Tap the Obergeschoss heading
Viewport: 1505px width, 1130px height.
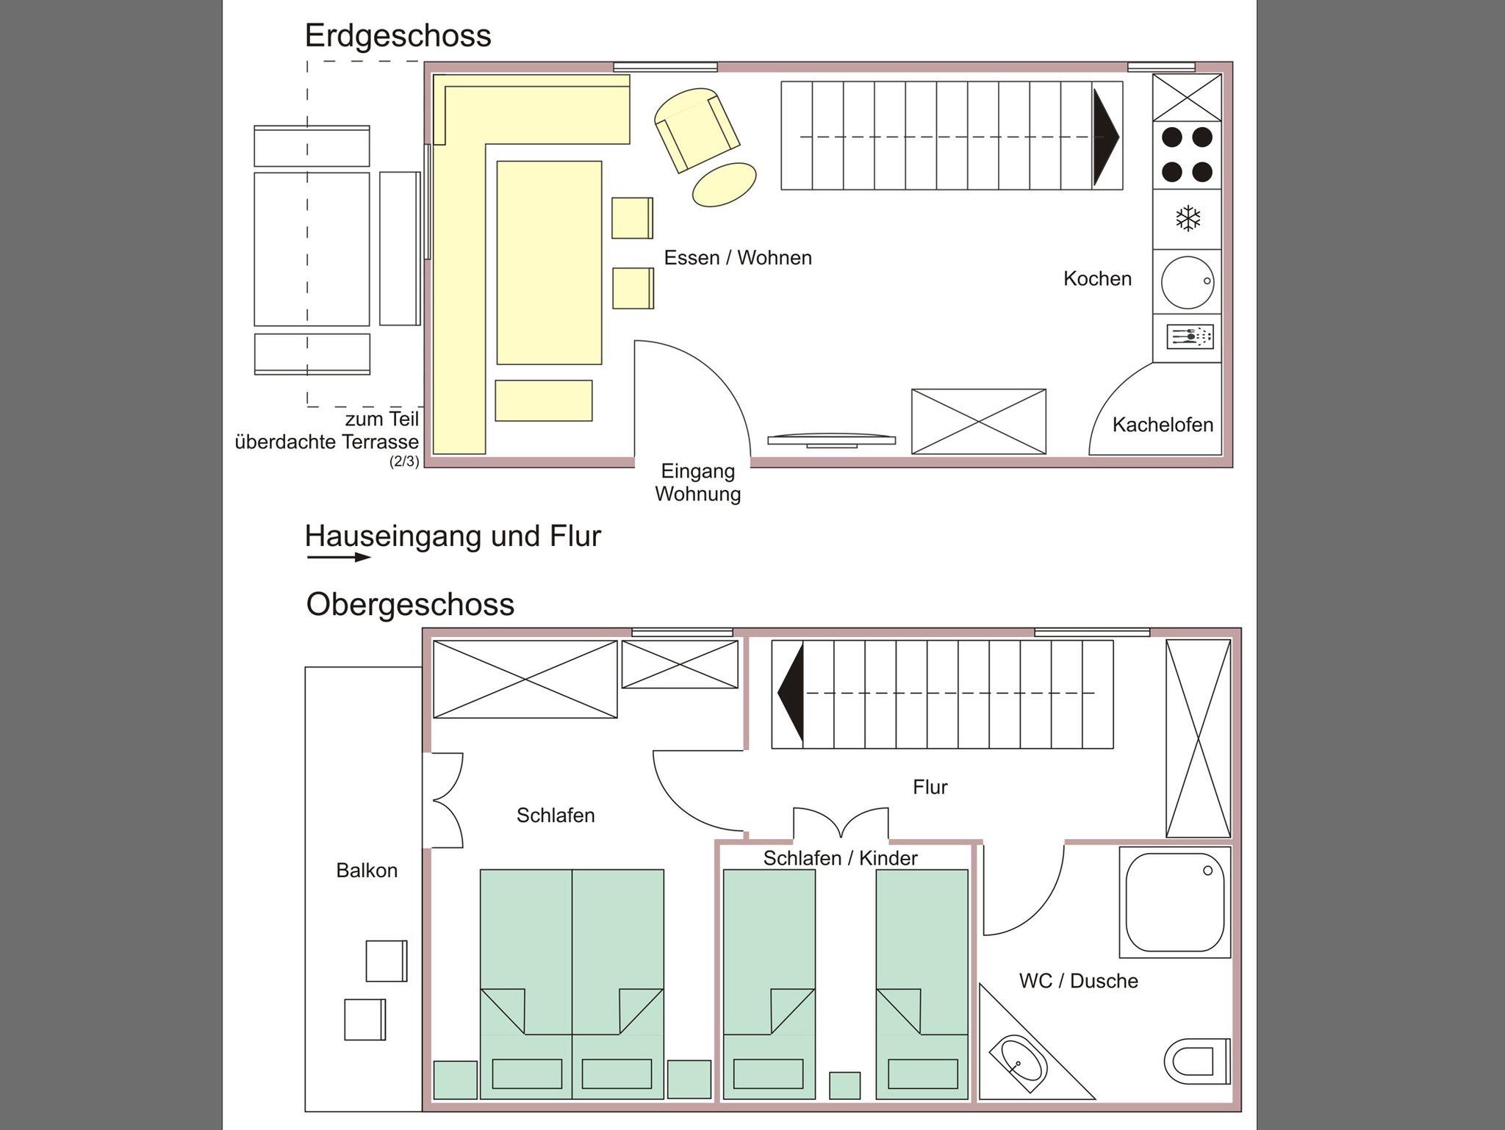tap(410, 605)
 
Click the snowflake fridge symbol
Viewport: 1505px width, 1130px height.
tap(1188, 218)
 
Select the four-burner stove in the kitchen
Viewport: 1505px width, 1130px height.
tap(1187, 154)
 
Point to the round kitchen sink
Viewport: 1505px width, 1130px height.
tap(1187, 281)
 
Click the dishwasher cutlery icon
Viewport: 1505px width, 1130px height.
tap(1189, 337)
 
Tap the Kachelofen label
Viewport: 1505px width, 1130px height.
tap(1162, 425)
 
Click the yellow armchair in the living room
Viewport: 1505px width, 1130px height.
tap(697, 129)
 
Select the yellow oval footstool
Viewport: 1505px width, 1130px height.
tap(724, 184)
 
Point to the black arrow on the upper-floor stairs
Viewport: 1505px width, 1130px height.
tap(791, 694)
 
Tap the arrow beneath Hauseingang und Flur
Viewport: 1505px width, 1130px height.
tap(339, 557)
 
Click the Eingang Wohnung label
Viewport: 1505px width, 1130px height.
tap(697, 482)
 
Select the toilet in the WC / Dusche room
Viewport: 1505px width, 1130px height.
tap(1197, 1060)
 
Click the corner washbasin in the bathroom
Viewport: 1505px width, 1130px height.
tap(1019, 1062)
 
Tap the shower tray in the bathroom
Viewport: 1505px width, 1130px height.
tap(1174, 902)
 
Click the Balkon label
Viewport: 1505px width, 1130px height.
tap(367, 871)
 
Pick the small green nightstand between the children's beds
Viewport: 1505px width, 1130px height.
tap(844, 1085)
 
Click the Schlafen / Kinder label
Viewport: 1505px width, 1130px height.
tap(840, 858)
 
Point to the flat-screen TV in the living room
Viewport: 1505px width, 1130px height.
tap(832, 441)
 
